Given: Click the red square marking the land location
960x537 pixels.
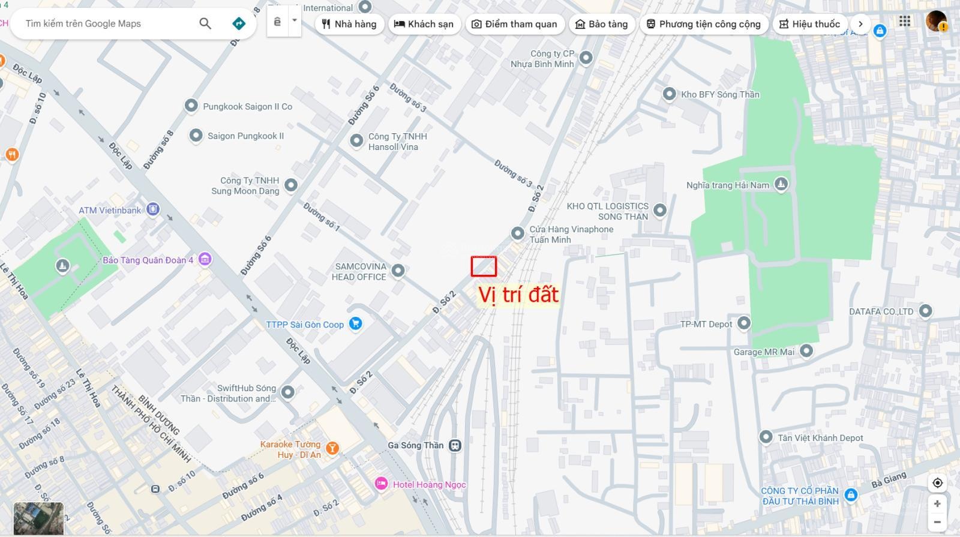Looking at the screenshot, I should click(484, 266).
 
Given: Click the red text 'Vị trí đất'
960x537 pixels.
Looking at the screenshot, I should click(518, 295).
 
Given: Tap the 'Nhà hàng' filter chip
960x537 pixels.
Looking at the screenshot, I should click(349, 24).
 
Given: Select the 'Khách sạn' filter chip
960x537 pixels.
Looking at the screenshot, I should click(424, 24).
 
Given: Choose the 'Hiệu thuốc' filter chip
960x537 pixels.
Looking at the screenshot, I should click(809, 24).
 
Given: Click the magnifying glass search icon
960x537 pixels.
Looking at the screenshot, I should click(205, 23).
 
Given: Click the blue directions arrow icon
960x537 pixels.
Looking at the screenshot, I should click(239, 23).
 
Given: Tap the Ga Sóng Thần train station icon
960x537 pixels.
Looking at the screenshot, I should click(455, 445).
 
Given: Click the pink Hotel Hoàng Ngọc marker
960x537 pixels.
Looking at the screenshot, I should click(381, 484).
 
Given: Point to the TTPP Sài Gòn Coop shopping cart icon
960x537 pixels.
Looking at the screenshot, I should click(355, 324).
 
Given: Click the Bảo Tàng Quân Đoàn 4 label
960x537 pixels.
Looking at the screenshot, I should click(148, 260).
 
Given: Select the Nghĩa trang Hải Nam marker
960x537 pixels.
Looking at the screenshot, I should click(781, 184).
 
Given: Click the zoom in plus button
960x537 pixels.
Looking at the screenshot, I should click(937, 503).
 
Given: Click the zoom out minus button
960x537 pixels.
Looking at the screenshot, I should click(937, 521).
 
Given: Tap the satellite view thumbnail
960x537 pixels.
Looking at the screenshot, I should click(38, 518).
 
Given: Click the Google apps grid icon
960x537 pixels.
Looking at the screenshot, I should click(905, 22).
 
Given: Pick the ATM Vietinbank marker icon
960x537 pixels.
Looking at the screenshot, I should click(153, 209).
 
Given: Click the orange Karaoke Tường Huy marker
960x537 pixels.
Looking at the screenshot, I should click(332, 448).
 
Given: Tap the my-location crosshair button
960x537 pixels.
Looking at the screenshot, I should click(937, 482).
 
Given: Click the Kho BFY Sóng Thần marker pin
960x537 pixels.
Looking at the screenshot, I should click(670, 94).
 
